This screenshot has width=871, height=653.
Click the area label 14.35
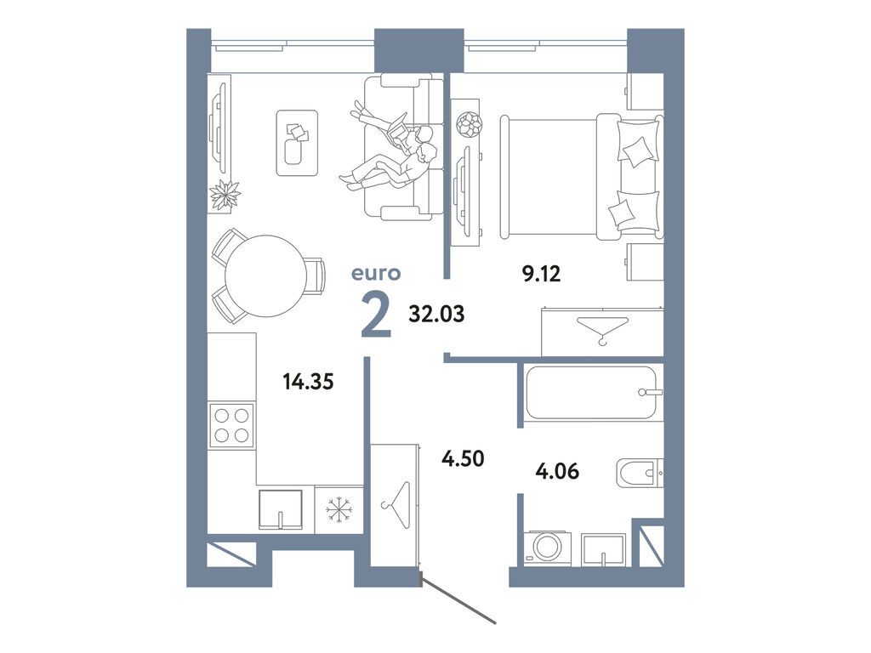[x=308, y=380]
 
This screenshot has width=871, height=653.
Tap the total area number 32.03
[x=436, y=314]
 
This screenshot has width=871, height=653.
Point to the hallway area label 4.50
[x=462, y=459]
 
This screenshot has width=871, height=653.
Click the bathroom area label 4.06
[x=558, y=468]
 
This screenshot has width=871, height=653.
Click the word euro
[x=375, y=274]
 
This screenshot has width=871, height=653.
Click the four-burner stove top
[x=231, y=424]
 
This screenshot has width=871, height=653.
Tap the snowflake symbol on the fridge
[x=339, y=510]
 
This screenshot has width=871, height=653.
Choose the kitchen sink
[x=282, y=508]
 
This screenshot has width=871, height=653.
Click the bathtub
[x=592, y=392]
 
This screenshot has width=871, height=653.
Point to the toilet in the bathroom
[x=639, y=472]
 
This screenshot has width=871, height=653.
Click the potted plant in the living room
[x=225, y=196]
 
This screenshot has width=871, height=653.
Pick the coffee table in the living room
[x=296, y=143]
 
